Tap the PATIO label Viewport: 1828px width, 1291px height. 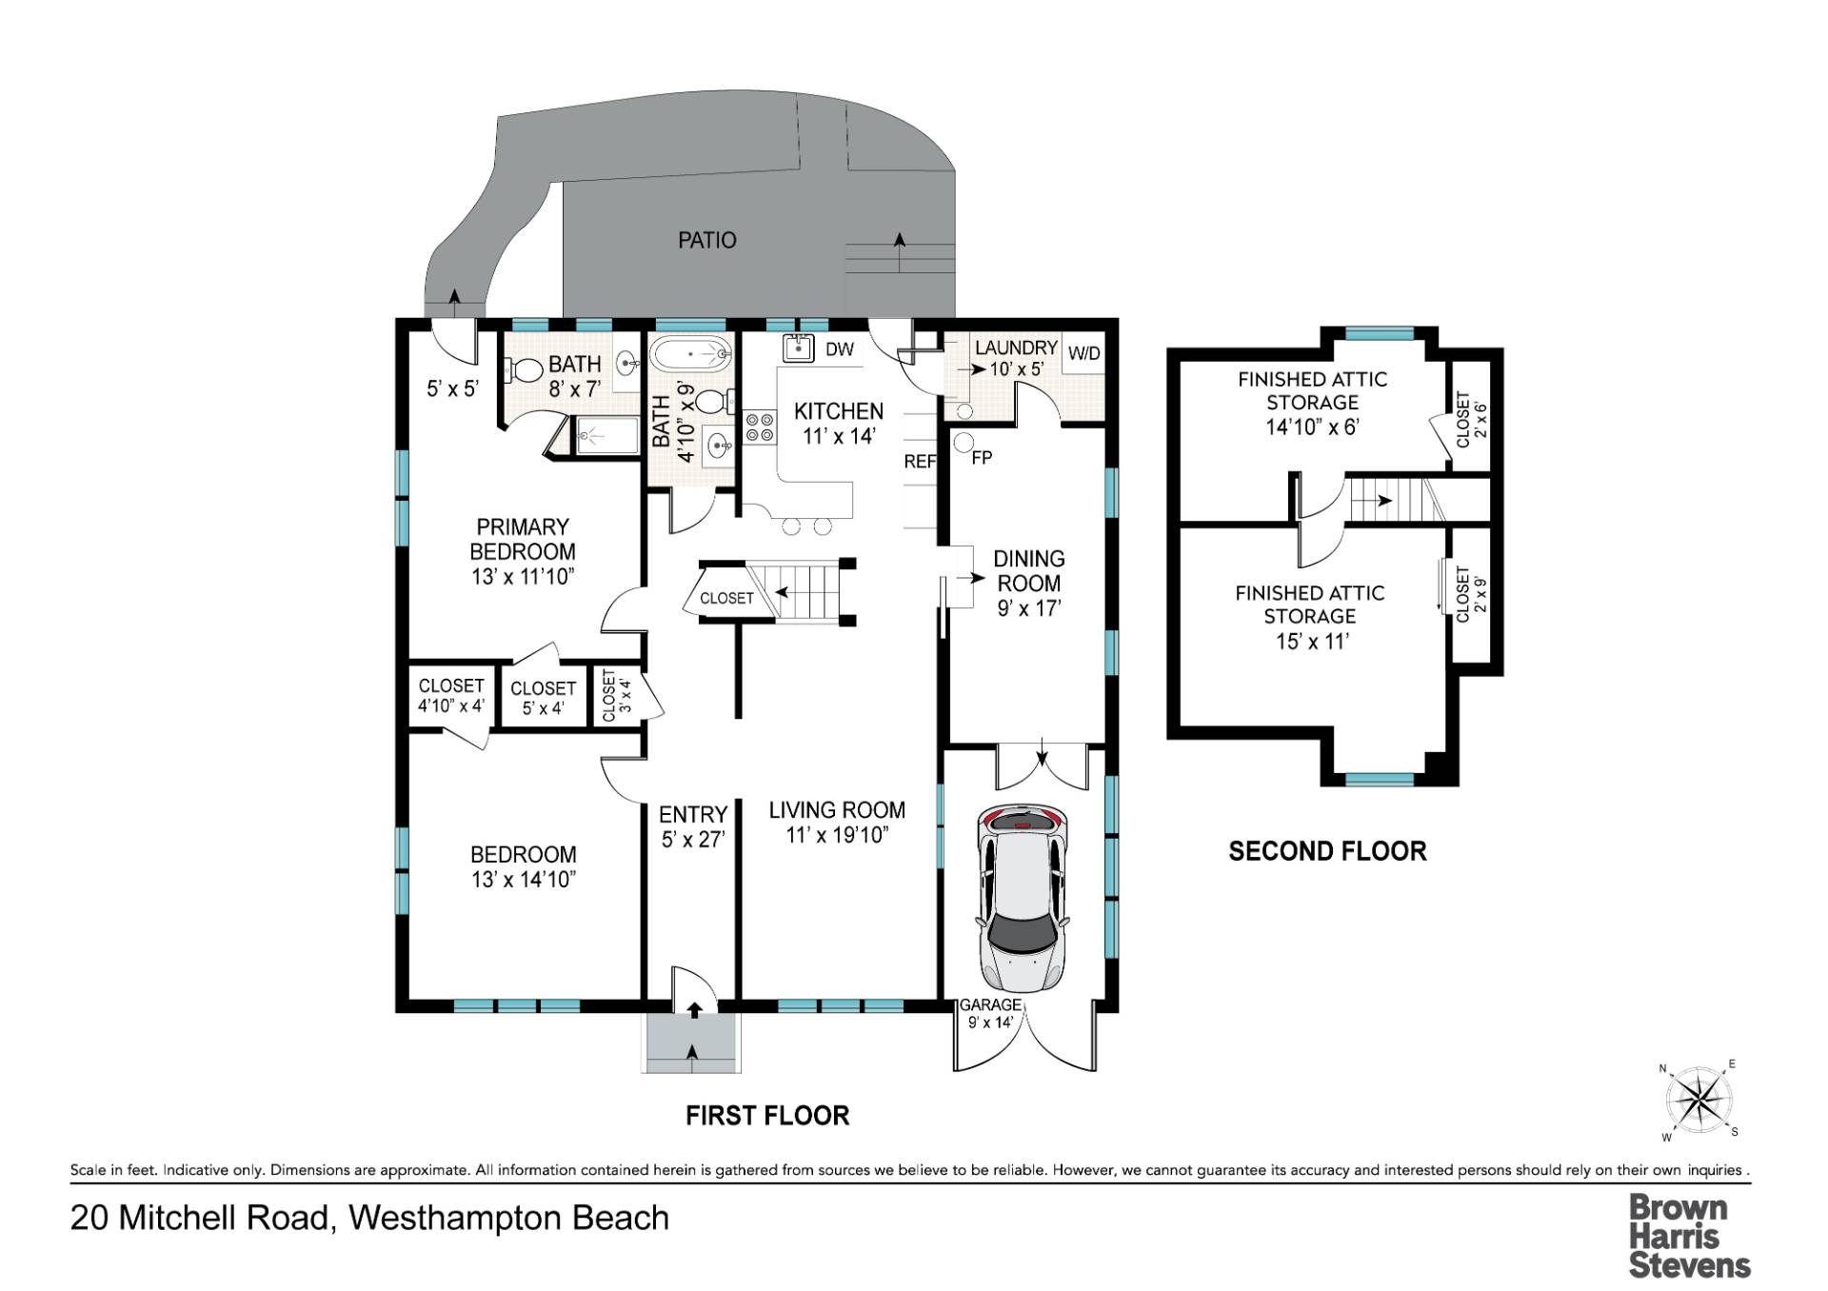[x=707, y=240]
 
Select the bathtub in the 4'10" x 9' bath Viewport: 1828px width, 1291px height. [x=691, y=355]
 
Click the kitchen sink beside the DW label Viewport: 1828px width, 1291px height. [x=798, y=348]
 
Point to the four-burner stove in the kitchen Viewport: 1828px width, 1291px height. [x=760, y=426]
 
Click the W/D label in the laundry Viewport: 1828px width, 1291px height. [x=1084, y=353]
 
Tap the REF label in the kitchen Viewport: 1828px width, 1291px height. [x=920, y=462]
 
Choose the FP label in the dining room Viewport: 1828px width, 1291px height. [x=982, y=458]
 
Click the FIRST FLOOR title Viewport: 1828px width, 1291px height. [x=767, y=1116]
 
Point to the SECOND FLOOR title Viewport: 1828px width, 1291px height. [x=1327, y=851]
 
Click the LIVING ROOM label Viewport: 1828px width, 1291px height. [x=837, y=810]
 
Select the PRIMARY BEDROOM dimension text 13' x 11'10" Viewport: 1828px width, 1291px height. [x=523, y=576]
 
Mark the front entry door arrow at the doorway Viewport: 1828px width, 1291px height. [x=694, y=1009]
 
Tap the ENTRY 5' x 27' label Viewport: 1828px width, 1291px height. [x=693, y=826]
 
